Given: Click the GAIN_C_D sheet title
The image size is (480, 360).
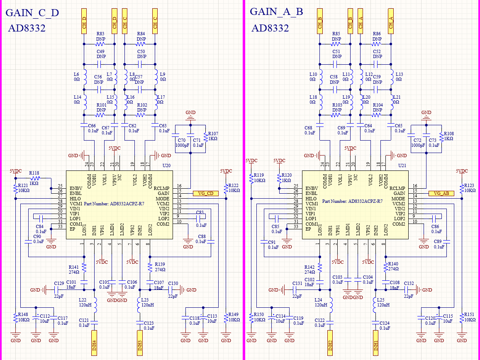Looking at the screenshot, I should point(32,13).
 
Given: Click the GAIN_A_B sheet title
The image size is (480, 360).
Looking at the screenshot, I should point(276,12).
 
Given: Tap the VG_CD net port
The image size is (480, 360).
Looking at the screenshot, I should point(205,193).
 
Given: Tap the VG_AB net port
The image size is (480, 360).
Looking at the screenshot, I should point(441,193).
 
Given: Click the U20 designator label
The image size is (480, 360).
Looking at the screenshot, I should point(166,165).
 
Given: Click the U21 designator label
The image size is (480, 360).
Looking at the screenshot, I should point(402,165).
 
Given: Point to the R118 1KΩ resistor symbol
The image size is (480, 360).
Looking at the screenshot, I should point(34,178).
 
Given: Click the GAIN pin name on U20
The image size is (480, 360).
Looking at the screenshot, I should point(163,193).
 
